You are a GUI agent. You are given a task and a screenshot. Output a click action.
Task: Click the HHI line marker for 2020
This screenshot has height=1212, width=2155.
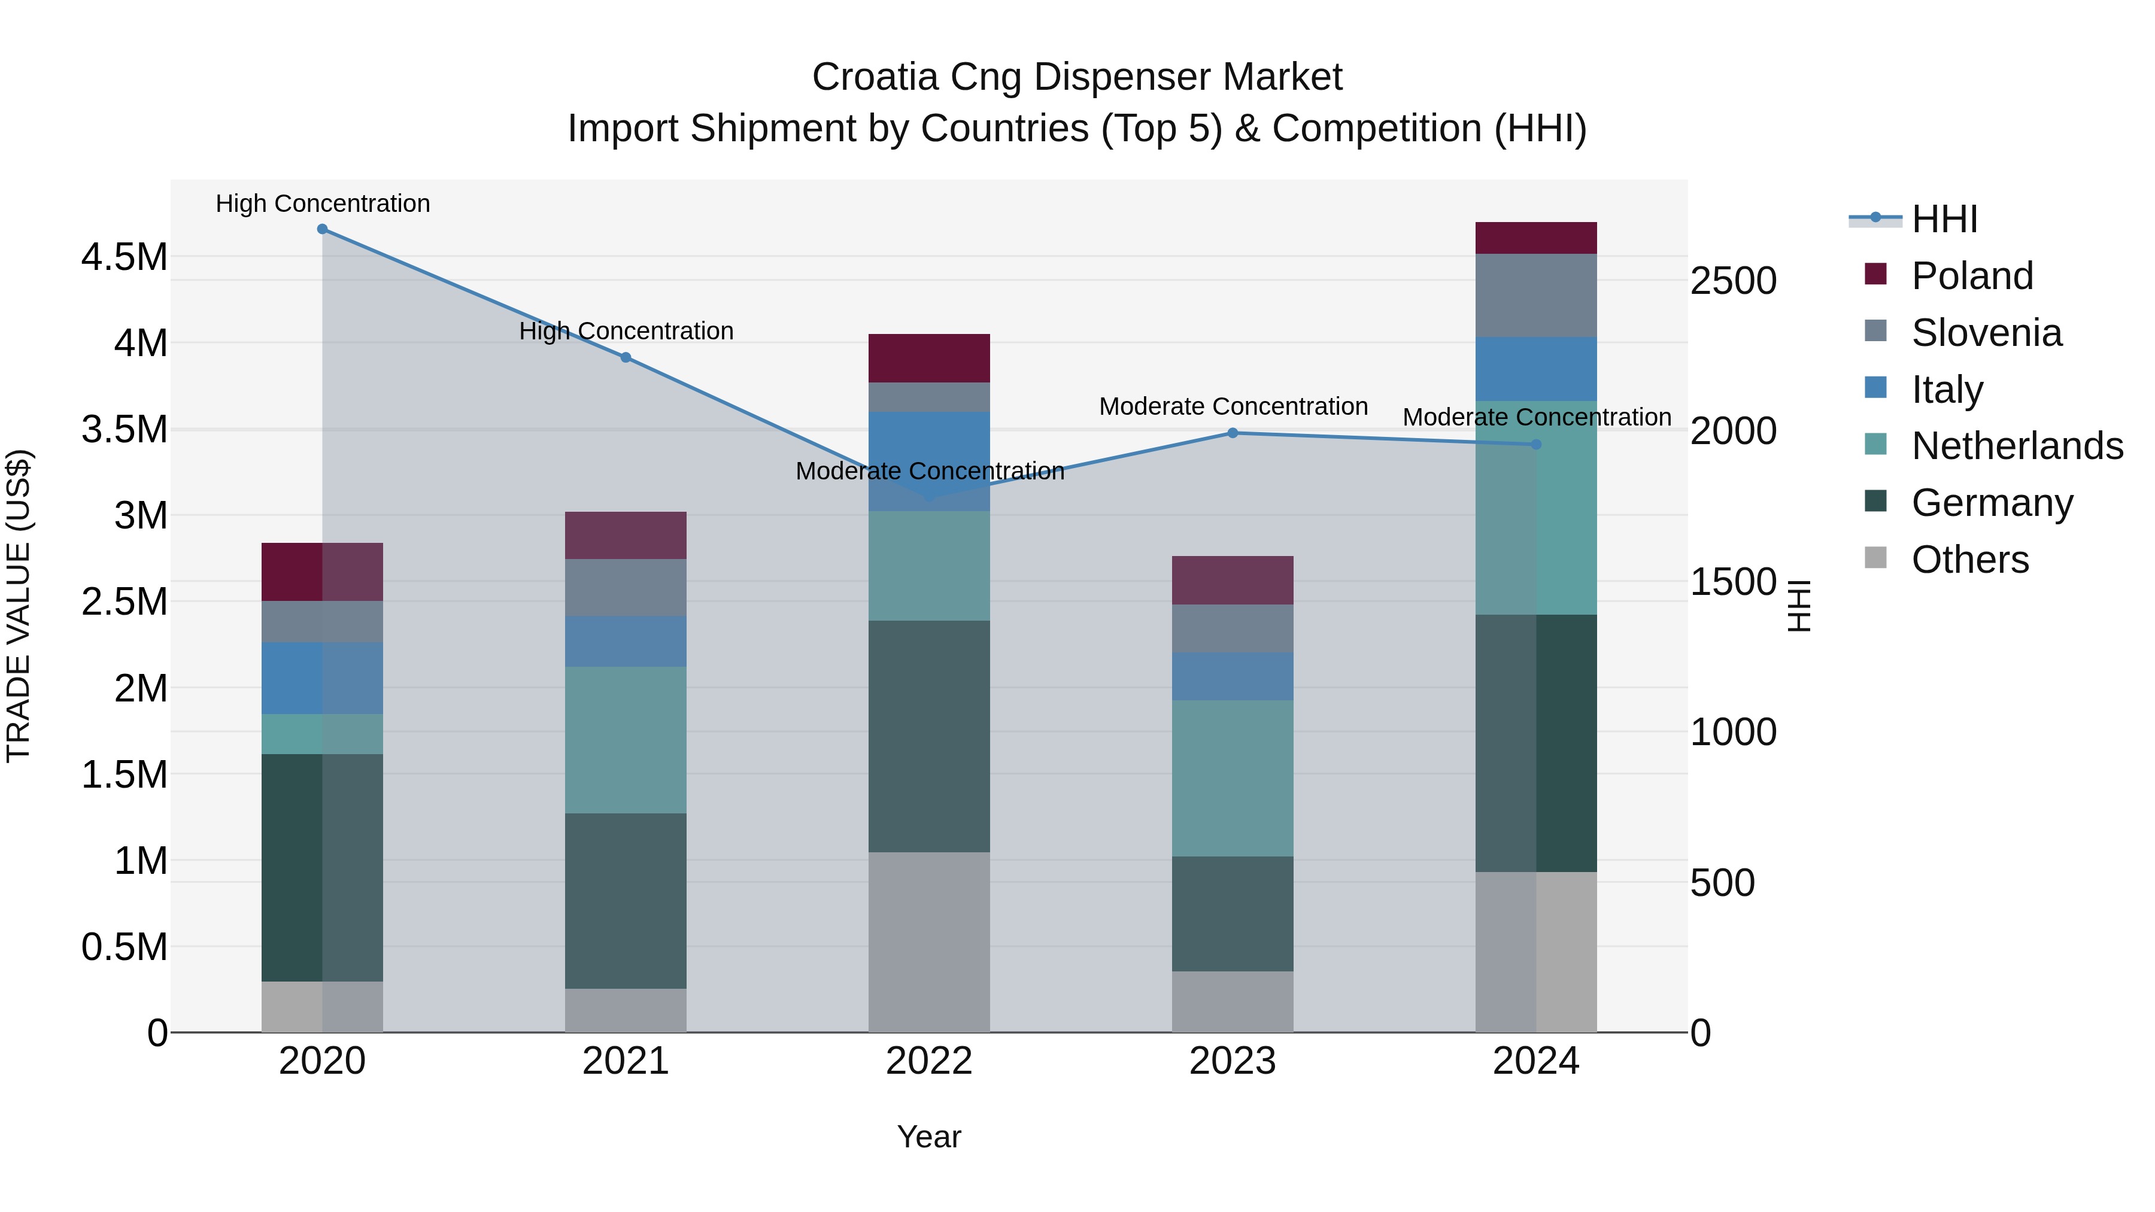[x=322, y=229]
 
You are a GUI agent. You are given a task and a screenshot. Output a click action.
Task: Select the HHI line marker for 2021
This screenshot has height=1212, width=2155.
[x=626, y=358]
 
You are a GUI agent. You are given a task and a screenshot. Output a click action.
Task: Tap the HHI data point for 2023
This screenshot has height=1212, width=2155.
[x=1233, y=433]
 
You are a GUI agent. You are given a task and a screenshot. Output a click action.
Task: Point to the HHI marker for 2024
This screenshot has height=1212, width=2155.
[x=1536, y=445]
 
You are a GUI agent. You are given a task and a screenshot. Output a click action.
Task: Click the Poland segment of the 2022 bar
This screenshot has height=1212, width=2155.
[x=928, y=358]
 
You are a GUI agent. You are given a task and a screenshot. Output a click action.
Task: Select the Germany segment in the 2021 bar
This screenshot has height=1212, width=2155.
[x=626, y=901]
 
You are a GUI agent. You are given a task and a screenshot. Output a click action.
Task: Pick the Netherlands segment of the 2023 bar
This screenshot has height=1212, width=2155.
[x=1233, y=778]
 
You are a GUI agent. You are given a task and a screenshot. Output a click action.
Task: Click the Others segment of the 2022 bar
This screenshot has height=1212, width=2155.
[x=928, y=942]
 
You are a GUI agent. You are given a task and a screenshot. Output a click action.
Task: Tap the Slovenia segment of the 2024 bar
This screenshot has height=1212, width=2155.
[x=1536, y=295]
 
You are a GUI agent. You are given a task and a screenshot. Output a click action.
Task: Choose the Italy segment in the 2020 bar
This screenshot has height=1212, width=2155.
[x=322, y=678]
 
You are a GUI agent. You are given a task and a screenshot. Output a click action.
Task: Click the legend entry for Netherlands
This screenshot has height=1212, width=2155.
[x=2016, y=446]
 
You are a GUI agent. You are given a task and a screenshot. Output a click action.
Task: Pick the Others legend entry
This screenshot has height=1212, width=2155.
[x=1969, y=560]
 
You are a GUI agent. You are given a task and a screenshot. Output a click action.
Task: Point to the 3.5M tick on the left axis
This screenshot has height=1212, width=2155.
[x=124, y=429]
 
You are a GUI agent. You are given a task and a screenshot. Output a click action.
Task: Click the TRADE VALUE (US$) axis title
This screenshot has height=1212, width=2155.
[x=19, y=606]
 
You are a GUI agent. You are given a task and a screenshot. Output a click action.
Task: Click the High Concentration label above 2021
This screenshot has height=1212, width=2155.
[x=626, y=331]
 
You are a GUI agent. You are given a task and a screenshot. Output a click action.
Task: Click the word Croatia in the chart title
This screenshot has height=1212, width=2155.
[x=875, y=78]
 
